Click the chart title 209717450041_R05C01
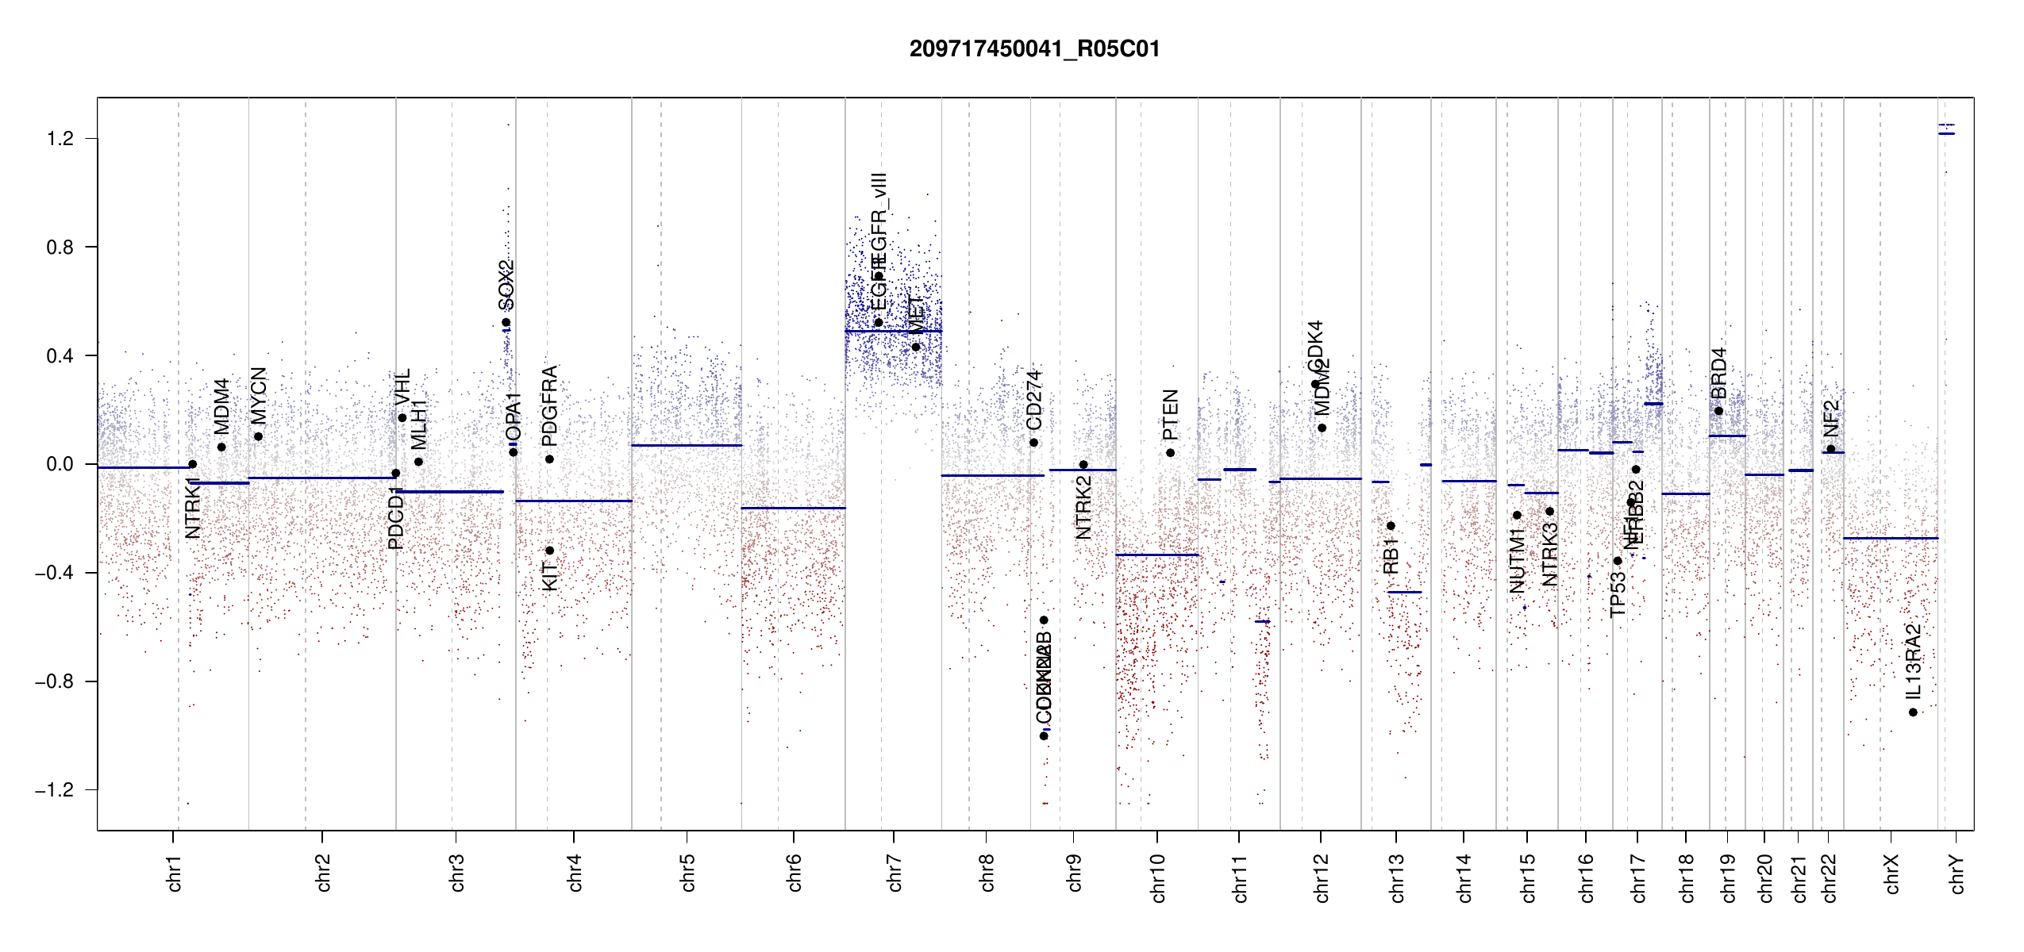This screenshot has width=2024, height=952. pyautogui.click(x=1034, y=49)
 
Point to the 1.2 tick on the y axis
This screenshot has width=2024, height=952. pyautogui.click(x=60, y=139)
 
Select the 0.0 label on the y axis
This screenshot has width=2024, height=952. pyautogui.click(x=60, y=464)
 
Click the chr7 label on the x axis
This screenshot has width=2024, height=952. pyautogui.click(x=895, y=873)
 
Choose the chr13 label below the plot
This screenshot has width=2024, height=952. pyautogui.click(x=1397, y=877)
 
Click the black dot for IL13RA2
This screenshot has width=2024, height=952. pyautogui.click(x=1913, y=712)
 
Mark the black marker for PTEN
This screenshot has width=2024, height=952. pyautogui.click(x=1170, y=453)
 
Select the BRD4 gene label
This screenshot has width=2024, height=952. pyautogui.click(x=1718, y=374)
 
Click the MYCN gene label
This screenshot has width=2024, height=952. pyautogui.click(x=259, y=396)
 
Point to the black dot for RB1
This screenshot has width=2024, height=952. pyautogui.click(x=1391, y=526)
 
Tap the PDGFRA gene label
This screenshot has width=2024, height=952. pyautogui.click(x=549, y=405)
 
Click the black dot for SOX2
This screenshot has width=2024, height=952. pyautogui.click(x=506, y=323)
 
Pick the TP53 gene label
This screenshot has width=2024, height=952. pyautogui.click(x=1618, y=593)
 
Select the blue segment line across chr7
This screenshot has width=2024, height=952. pyautogui.click(x=893, y=331)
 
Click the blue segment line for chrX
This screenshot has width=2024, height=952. pyautogui.click(x=1890, y=539)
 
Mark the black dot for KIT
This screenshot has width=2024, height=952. pyautogui.click(x=549, y=551)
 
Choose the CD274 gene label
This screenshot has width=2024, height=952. pyautogui.click(x=1033, y=400)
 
